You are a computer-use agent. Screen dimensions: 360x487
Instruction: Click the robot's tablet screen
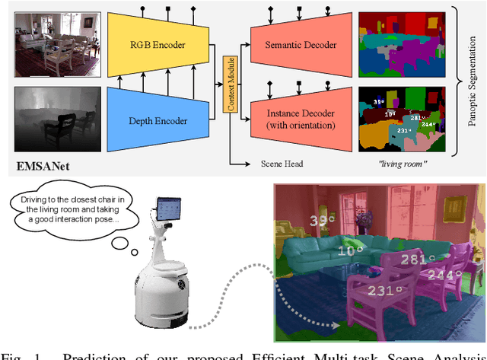coord(170,210)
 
